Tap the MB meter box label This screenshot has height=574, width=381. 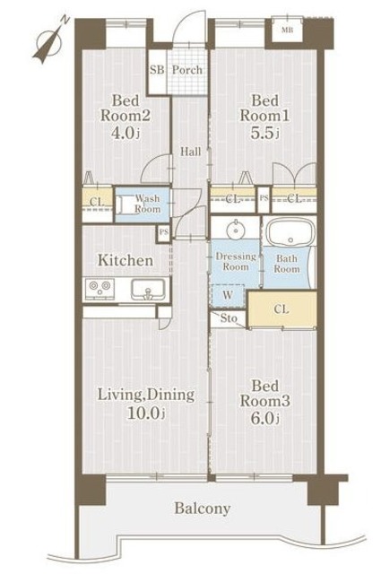[x=287, y=30]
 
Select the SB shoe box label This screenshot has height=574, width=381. [x=157, y=70]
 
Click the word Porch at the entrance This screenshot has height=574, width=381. [x=187, y=70]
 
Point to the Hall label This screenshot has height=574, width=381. [x=191, y=152]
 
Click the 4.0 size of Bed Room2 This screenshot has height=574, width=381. [x=125, y=133]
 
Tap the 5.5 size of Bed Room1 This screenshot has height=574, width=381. [x=264, y=133]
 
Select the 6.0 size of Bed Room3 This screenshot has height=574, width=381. [x=264, y=418]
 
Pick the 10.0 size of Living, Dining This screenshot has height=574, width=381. [x=145, y=413]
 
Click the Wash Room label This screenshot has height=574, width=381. [x=148, y=204]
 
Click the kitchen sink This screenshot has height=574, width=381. [x=148, y=289]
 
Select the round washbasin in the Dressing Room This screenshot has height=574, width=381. [x=236, y=230]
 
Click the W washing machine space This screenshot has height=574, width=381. [x=228, y=295]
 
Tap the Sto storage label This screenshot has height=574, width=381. [x=229, y=318]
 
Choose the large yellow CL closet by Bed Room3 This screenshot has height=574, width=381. [x=282, y=309]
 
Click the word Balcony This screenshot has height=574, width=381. [x=203, y=509]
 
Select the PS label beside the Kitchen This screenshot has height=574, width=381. [x=164, y=232]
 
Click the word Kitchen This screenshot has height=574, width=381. [x=126, y=260]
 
